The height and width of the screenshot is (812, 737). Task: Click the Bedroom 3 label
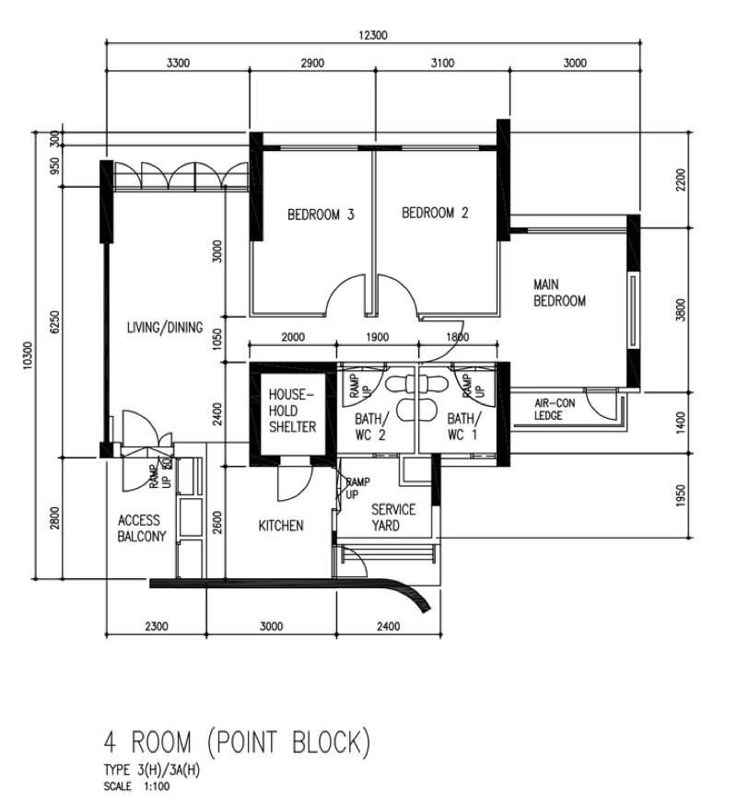click(321, 215)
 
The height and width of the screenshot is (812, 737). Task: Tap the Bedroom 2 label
click(435, 213)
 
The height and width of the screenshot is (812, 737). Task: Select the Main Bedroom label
click(559, 293)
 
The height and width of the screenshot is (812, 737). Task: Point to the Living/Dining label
click(165, 328)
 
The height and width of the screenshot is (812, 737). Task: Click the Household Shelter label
click(292, 411)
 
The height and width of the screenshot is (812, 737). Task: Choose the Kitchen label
click(281, 527)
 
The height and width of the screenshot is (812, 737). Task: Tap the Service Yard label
click(393, 517)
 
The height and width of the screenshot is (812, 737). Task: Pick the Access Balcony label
click(142, 528)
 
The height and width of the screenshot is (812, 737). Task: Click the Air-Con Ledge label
click(555, 409)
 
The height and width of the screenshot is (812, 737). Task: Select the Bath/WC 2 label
click(370, 426)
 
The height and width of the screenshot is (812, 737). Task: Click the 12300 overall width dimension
click(373, 35)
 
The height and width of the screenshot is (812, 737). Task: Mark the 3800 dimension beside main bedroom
click(681, 309)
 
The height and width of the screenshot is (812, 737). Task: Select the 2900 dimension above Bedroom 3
click(312, 64)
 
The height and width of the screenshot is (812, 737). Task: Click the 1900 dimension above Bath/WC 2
click(378, 337)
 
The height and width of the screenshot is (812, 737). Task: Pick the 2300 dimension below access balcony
click(157, 627)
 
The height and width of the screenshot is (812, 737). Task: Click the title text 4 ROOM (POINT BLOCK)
click(238, 742)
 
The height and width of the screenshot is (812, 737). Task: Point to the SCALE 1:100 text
click(136, 786)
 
